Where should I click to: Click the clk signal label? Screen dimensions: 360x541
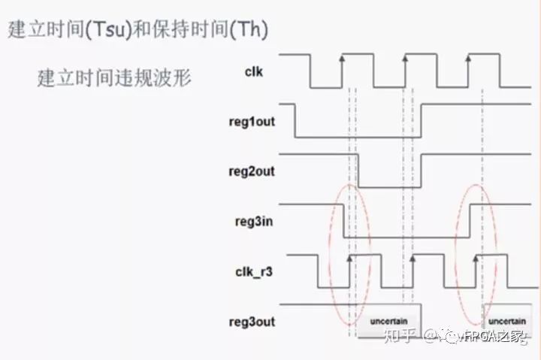click(253, 71)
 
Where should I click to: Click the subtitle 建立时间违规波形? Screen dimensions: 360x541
click(114, 77)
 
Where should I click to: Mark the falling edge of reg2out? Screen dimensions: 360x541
click(358, 171)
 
